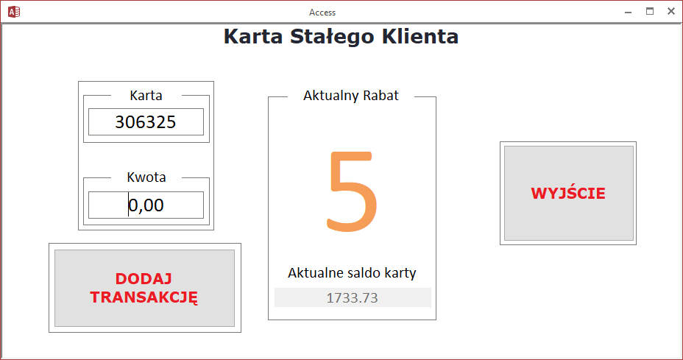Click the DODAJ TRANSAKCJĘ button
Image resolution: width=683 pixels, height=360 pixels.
[144, 288]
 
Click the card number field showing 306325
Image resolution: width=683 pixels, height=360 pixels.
[146, 122]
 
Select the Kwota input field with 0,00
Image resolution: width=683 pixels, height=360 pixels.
[146, 205]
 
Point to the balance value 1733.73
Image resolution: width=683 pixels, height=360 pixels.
[353, 297]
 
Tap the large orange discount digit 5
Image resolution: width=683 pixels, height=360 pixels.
[352, 191]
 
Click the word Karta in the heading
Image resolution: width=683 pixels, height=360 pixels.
[253, 37]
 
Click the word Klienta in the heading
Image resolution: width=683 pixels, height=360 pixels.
[420, 36]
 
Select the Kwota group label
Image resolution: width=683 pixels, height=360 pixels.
[146, 177]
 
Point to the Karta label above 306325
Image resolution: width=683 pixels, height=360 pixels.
[146, 96]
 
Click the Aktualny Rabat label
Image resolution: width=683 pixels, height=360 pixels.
[351, 96]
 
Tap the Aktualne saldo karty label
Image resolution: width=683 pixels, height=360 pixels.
[352, 273]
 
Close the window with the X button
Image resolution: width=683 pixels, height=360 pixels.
[670, 11]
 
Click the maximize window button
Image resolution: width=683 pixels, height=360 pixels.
[650, 11]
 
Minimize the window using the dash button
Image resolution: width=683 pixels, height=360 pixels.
[628, 13]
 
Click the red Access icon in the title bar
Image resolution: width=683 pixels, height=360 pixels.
[14, 12]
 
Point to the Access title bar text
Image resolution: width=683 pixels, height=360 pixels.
[322, 13]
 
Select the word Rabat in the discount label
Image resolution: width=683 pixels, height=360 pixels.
[381, 96]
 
